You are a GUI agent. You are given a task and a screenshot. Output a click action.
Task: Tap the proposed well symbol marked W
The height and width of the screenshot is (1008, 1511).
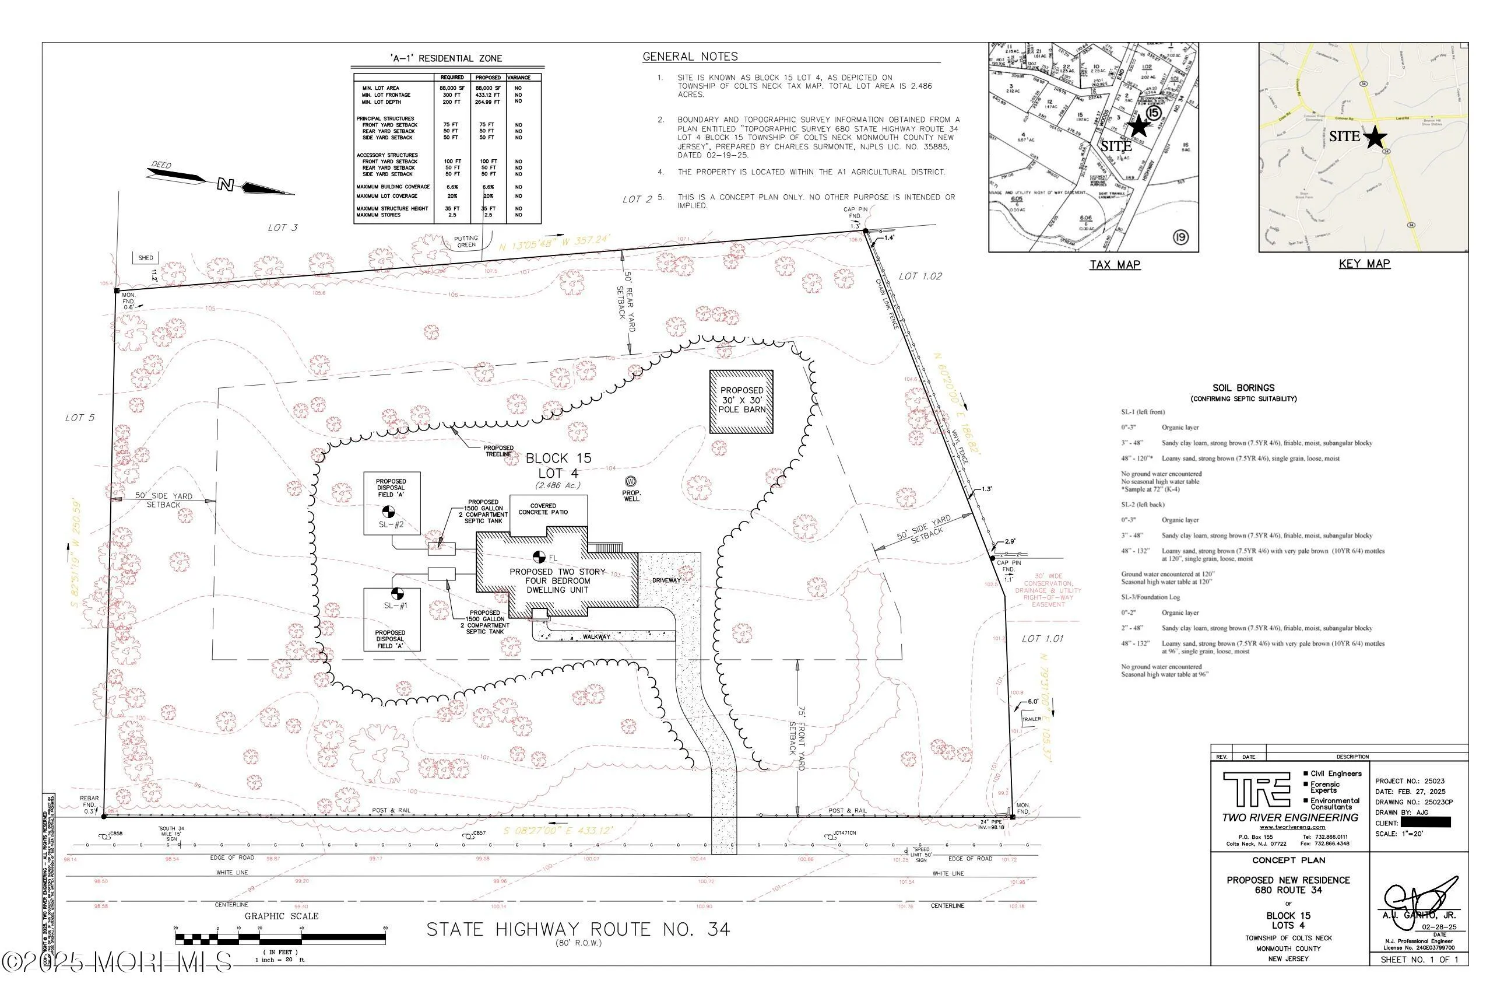(x=631, y=481)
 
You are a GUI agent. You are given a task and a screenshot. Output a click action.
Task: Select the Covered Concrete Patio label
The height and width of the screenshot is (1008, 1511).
(x=543, y=509)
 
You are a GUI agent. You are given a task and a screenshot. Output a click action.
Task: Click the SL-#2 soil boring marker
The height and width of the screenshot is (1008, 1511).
(x=388, y=512)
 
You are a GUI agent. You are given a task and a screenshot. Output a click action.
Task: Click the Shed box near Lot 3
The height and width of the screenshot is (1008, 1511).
(x=146, y=258)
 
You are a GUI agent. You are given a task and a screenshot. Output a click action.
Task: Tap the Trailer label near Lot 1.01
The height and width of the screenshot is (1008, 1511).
(x=1031, y=719)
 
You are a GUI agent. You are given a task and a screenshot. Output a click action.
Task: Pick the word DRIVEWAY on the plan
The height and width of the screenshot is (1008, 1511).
(x=666, y=580)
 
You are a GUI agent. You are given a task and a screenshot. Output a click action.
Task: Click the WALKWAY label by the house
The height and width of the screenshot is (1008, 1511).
(x=596, y=637)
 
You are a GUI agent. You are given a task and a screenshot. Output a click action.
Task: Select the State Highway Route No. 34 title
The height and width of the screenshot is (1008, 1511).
(x=578, y=930)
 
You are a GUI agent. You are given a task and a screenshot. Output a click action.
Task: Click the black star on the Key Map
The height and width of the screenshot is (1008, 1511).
(x=1374, y=137)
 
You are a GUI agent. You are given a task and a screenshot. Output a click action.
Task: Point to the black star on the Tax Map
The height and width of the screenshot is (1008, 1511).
(x=1138, y=125)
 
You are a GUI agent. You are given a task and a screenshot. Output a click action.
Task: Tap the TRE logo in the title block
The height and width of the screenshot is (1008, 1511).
(x=1257, y=789)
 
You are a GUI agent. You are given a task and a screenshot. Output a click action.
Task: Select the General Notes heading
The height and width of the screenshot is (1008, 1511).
(x=690, y=57)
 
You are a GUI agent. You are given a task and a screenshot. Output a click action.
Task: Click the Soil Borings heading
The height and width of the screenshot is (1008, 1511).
(x=1243, y=388)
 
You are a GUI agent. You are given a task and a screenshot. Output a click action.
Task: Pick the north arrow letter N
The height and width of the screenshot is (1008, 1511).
(x=225, y=185)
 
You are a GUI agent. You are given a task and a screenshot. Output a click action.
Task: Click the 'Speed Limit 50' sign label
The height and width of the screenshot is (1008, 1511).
(x=921, y=855)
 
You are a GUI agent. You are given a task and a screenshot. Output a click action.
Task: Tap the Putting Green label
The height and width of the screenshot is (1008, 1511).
(x=466, y=242)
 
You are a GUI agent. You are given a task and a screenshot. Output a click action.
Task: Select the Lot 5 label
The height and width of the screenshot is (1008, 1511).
(x=80, y=418)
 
